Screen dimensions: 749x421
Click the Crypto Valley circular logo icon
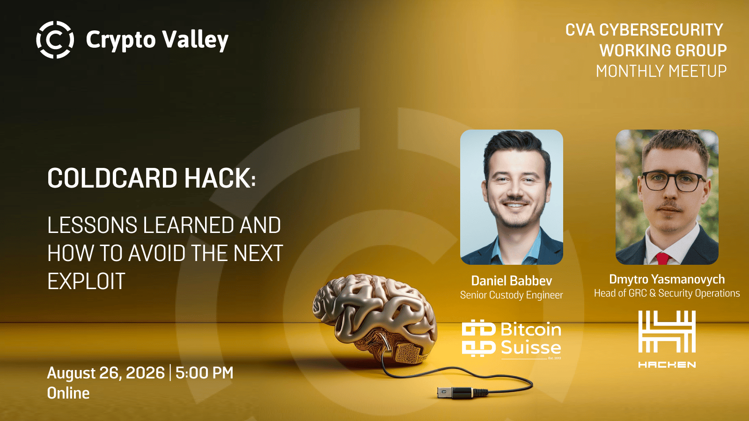pos(55,39)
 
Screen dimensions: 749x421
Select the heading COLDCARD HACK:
pos(152,178)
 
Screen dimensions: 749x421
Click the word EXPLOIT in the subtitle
pos(86,281)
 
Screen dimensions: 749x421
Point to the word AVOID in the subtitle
pos(157,253)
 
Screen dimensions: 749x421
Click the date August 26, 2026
pos(106,373)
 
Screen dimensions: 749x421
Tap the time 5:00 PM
pos(204,372)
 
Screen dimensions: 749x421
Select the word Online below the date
pos(68,393)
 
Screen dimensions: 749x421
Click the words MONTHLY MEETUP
pos(661,71)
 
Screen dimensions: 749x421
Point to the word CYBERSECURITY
pos(661,30)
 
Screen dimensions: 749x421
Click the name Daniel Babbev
pos(512,281)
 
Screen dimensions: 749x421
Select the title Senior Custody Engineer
pos(512,295)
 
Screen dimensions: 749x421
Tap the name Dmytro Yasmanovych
pos(667,279)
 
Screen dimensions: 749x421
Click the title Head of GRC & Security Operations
pos(667,293)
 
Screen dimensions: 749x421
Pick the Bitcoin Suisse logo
pos(512,339)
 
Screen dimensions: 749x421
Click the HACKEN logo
pos(667,339)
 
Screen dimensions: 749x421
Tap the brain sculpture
pos(374,318)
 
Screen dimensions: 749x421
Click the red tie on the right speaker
pos(662,258)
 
